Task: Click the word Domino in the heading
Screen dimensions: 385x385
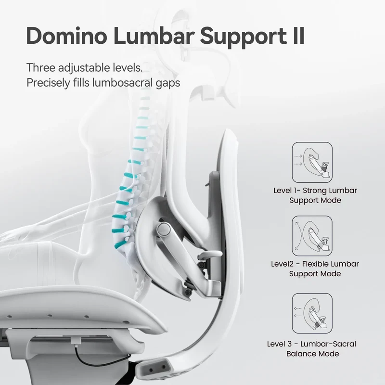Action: pos(66,36)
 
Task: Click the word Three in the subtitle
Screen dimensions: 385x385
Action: pos(40,67)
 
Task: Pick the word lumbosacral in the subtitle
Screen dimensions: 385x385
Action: pos(123,82)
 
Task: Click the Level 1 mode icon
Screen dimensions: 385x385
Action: pos(312,162)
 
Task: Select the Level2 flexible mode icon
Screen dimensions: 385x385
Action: pos(312,236)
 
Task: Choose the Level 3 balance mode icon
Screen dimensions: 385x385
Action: pos(312,313)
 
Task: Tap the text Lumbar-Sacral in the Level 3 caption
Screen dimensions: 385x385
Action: pos(328,344)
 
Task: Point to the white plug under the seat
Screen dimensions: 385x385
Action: pos(75,341)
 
